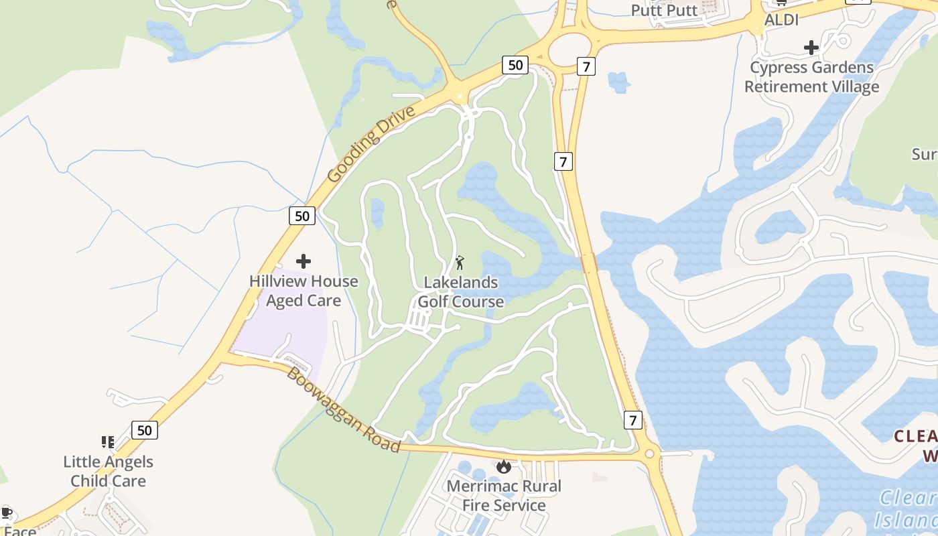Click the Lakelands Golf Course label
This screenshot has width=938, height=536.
461,292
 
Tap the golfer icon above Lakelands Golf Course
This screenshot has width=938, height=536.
460,262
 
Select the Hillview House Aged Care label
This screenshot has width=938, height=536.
304,291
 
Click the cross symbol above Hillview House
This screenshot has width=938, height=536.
304,261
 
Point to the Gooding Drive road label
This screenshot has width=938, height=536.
372,143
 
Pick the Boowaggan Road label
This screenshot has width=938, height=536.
344,409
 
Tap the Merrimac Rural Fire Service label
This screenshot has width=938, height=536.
505,495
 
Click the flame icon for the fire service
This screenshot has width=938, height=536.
505,466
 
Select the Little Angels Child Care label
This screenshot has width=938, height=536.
109,471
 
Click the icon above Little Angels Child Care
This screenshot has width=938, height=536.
108,442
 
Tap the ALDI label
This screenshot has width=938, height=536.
782,20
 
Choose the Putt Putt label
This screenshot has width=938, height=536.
665,11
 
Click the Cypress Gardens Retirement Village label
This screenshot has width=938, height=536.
811,77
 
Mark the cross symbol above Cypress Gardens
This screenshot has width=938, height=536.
811,48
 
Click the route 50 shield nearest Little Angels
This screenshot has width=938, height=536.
145,429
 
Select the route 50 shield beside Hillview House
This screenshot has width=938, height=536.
302,216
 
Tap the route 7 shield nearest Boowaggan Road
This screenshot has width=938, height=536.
632,420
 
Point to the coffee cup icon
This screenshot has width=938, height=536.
7,513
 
